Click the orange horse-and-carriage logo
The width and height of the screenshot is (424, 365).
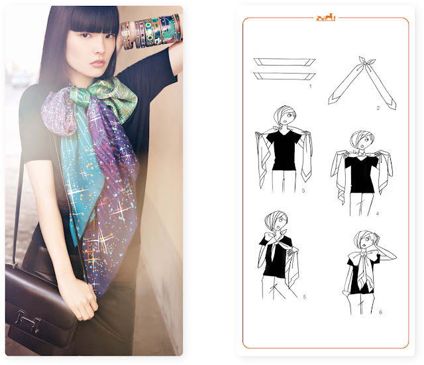(325, 17)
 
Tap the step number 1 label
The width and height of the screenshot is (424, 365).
(311, 86)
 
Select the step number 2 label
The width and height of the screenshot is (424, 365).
(378, 108)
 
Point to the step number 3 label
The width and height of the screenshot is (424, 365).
(303, 191)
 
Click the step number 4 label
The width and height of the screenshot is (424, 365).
(378, 213)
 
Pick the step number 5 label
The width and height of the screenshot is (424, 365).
(305, 297)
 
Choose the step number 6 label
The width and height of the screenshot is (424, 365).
(380, 312)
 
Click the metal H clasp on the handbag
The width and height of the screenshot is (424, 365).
(28, 321)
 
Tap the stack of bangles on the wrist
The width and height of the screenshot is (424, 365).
(152, 32)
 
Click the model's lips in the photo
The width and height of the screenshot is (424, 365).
(97, 64)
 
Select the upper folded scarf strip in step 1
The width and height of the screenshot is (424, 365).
(284, 62)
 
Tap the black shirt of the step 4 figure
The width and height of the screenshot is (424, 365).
(361, 173)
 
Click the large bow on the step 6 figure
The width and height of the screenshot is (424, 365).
(363, 257)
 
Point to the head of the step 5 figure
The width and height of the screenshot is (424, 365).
(276, 221)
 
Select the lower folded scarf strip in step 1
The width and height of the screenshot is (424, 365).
(284, 76)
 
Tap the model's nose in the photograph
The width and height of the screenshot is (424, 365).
(101, 48)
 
